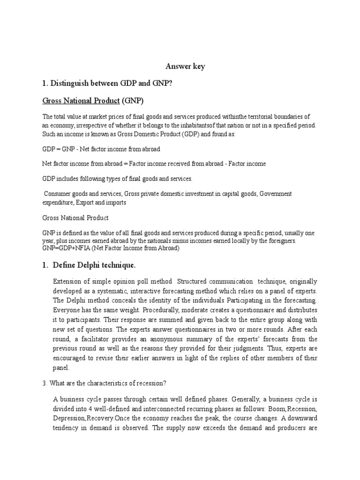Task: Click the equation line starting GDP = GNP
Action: [x=101, y=149]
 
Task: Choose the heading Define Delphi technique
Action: [x=94, y=266]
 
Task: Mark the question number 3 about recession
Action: [x=45, y=383]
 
